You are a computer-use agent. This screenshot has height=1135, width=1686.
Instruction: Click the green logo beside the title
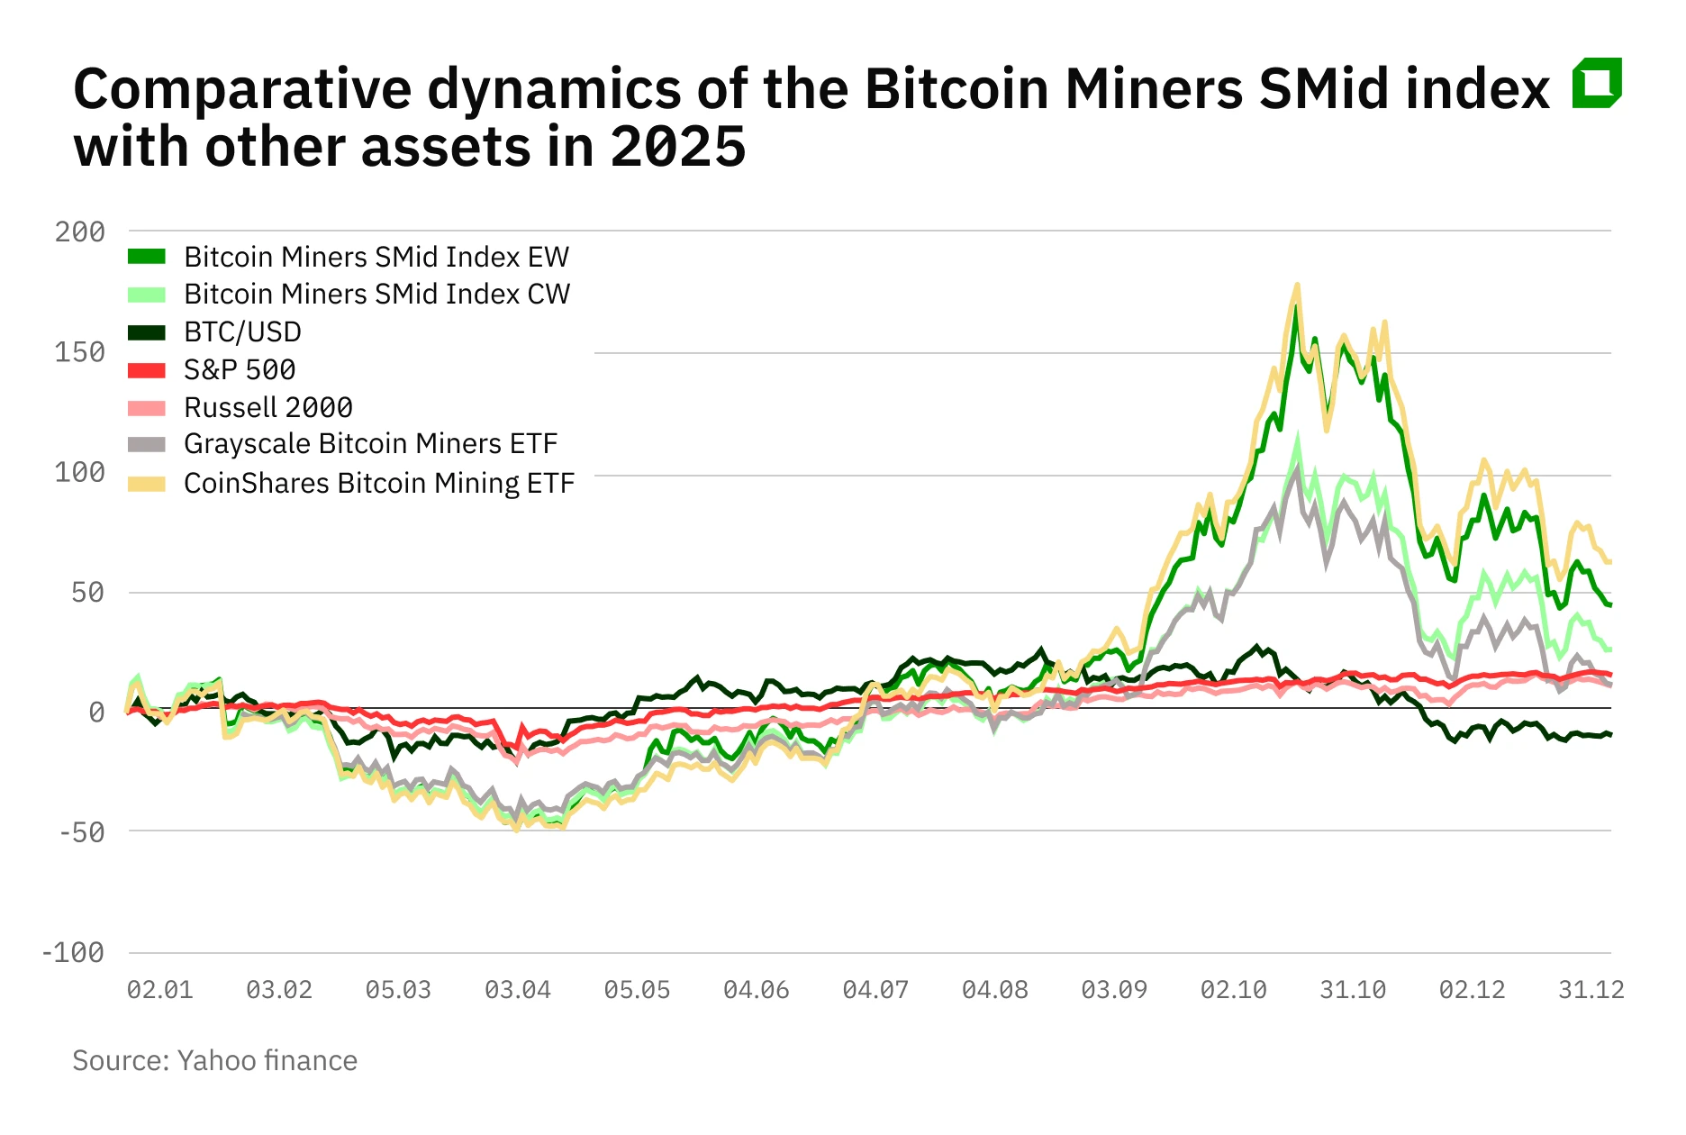coord(1596,83)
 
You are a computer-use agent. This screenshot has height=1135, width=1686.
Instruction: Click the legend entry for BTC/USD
coord(242,332)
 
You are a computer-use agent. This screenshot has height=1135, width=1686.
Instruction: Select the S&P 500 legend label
coord(240,370)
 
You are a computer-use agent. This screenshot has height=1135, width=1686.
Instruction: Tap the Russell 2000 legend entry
coord(267,408)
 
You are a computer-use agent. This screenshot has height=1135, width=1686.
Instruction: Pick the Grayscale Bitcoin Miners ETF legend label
coord(370,444)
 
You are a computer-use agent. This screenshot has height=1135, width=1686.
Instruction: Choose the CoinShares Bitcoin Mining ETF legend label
coord(378,484)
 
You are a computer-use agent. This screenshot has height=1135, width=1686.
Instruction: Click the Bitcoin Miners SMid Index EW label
coord(376,258)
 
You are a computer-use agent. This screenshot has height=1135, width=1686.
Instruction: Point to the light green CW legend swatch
coord(147,295)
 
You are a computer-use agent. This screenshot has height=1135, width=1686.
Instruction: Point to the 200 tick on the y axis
coord(79,232)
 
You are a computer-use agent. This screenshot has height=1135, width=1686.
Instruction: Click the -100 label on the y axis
coord(72,953)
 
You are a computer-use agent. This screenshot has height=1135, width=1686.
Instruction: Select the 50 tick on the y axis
coord(87,593)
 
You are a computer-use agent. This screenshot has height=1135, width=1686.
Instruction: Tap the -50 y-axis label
coord(81,832)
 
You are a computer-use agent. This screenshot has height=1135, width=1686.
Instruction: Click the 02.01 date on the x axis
coord(159,990)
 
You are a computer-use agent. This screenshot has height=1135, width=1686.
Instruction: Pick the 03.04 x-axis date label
coord(517,990)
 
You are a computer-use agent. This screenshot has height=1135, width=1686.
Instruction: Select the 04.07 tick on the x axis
coord(875,990)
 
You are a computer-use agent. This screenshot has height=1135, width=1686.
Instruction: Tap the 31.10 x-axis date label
coord(1352,990)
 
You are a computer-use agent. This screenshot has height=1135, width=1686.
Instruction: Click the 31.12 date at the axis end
coord(1591,990)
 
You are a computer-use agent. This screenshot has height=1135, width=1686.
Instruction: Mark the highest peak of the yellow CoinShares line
coord(1297,286)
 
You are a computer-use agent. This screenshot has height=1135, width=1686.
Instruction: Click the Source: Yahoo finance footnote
coord(214,1060)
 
